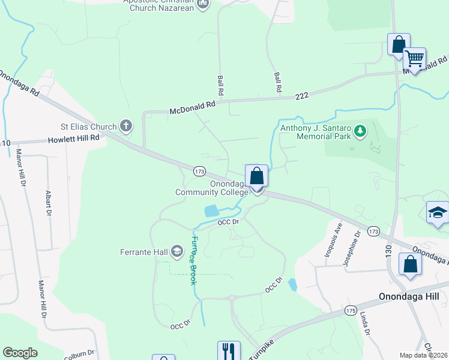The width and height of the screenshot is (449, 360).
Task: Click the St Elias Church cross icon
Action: (x=125, y=126)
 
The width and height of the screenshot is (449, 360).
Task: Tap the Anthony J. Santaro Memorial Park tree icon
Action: (x=360, y=130)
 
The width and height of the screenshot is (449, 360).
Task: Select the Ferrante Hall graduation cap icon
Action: (x=177, y=250)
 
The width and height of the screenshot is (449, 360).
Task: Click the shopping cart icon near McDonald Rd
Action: (x=414, y=59)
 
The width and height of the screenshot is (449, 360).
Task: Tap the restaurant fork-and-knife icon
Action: (x=228, y=350)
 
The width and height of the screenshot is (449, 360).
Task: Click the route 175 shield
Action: (x=351, y=310)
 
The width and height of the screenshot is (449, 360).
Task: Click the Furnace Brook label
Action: (x=193, y=259)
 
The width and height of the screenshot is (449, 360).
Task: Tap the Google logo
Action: (x=20, y=353)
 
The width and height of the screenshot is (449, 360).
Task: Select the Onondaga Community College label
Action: (x=211, y=188)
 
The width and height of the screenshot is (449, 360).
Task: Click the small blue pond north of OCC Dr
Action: (x=211, y=211)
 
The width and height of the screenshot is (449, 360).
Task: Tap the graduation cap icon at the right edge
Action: (x=437, y=212)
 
